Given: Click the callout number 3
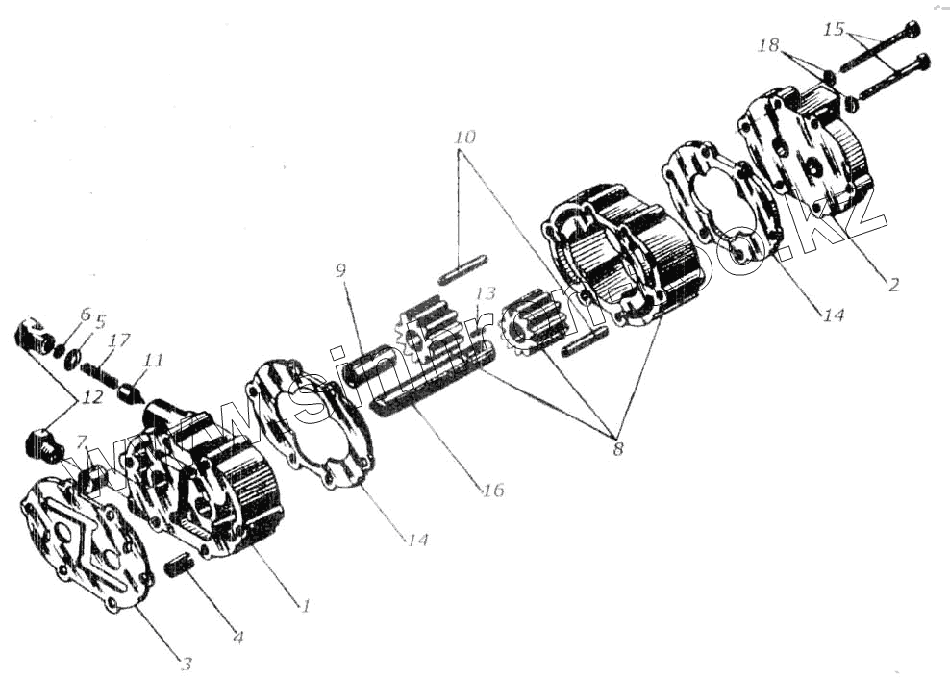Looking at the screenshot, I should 187,663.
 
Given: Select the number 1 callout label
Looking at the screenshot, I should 305,606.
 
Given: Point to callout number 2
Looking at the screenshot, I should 892,285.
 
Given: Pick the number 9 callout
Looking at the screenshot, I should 340,270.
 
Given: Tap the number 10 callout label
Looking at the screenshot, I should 464,138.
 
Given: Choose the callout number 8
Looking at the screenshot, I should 617,448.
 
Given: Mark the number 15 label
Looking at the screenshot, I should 834,30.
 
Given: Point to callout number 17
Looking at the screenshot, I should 120,340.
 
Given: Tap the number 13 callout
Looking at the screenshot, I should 486,292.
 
